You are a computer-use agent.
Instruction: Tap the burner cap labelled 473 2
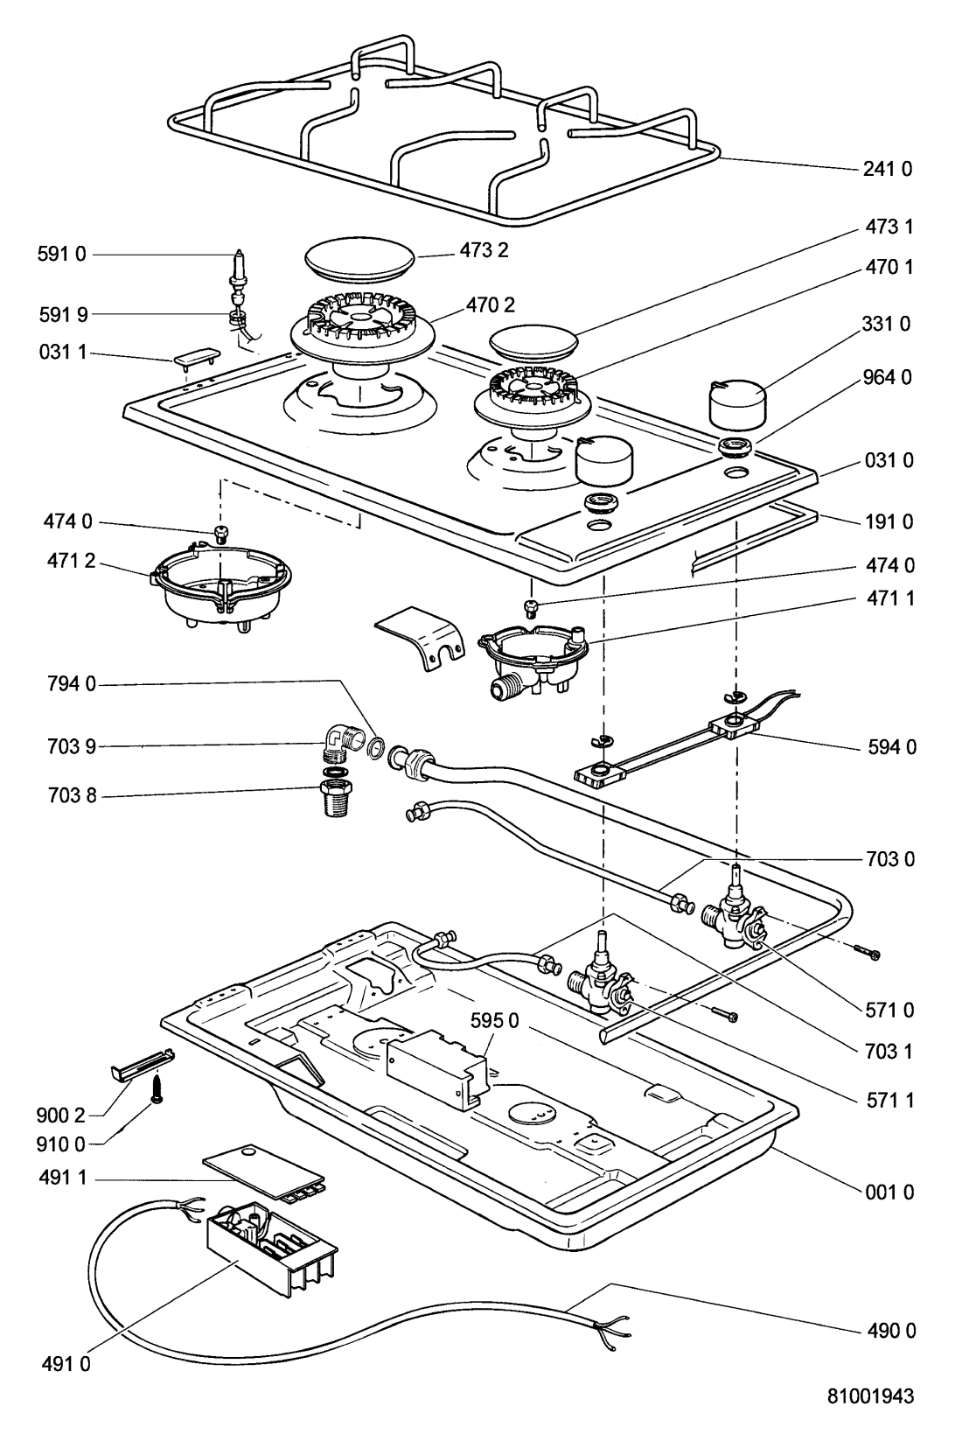(359, 262)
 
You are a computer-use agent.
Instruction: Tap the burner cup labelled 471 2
(223, 587)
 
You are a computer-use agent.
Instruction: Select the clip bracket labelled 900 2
(143, 1065)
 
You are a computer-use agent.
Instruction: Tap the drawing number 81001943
(870, 1397)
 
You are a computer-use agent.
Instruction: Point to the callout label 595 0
(496, 1020)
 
